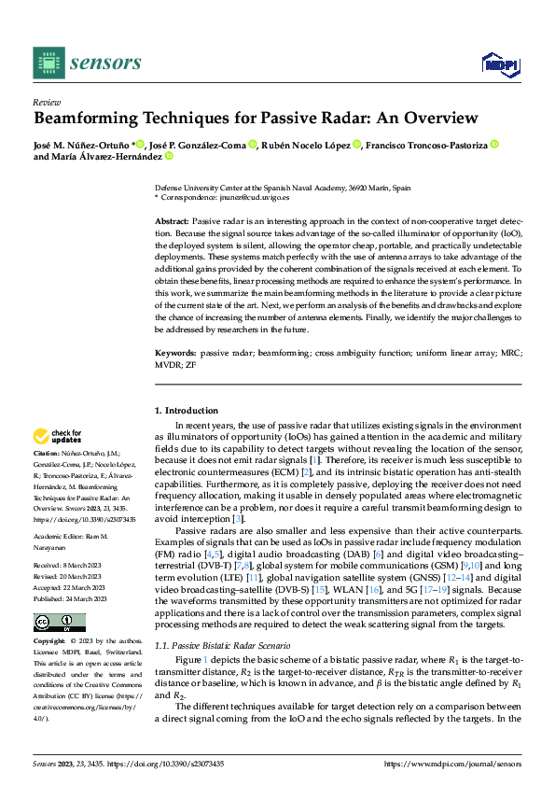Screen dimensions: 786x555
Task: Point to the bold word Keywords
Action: (x=175, y=355)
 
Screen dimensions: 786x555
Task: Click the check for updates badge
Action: (x=57, y=436)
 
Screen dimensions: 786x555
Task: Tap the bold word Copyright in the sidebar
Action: (x=50, y=641)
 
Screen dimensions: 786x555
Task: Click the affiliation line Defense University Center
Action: (x=282, y=188)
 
